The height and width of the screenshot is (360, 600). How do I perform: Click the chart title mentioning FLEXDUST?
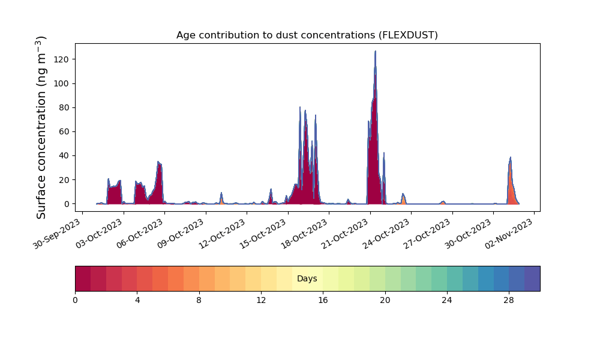tap(307, 35)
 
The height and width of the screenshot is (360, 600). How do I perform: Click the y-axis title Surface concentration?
tap(41, 128)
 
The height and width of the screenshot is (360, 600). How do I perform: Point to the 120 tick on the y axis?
tap(61, 59)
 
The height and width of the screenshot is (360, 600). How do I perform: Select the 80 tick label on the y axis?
tap(64, 107)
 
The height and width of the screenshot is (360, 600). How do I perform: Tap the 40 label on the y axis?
tap(64, 156)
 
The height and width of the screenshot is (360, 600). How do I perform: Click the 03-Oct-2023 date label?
tap(99, 234)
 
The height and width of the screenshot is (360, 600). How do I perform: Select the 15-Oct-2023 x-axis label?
tap(263, 234)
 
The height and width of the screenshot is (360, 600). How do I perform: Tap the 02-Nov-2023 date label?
tap(509, 234)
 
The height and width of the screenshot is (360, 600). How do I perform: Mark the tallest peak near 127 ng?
tap(376, 51)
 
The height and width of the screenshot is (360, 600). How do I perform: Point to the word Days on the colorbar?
tap(307, 278)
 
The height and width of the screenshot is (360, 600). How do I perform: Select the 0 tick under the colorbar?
tap(75, 301)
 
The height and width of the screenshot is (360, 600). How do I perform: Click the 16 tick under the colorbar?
tap(323, 301)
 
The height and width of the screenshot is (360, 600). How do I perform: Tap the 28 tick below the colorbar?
tap(509, 301)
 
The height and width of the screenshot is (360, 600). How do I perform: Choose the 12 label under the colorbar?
tap(261, 301)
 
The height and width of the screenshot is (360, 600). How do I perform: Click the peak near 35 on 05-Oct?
tap(158, 162)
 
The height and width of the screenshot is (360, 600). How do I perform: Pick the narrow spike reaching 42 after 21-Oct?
tap(384, 154)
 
